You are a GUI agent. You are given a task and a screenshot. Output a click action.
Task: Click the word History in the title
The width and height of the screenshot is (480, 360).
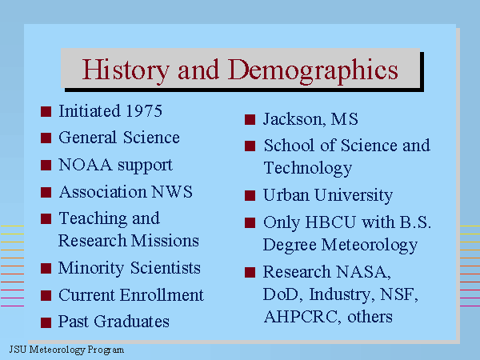point(126,70)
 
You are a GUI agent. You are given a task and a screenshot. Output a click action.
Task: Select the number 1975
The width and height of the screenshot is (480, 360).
point(144,111)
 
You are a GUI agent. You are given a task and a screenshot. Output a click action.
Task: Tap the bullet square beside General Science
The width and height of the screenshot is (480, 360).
point(46,138)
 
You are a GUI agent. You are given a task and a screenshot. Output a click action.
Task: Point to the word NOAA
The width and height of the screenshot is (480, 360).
point(86,165)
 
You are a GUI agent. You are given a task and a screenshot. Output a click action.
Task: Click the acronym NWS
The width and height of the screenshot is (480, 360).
point(172,192)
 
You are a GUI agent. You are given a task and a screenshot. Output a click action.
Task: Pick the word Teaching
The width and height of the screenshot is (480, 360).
point(93,219)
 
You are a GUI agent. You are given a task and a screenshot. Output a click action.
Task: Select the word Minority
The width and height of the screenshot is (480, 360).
point(91,269)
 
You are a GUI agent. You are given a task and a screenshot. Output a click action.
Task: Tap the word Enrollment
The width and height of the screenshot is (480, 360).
point(162,295)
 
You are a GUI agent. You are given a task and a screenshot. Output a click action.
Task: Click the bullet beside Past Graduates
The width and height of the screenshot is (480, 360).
point(46,322)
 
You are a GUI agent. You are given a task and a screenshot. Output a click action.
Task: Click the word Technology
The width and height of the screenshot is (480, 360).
point(308,169)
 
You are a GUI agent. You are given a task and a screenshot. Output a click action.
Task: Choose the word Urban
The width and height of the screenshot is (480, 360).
point(286,195)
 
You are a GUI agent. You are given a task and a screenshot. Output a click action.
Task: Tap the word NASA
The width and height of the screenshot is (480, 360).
point(363,272)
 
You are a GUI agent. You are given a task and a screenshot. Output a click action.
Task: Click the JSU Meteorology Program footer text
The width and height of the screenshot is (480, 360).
point(66,350)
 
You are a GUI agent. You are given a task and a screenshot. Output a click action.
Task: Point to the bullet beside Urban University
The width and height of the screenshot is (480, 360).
point(250,196)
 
